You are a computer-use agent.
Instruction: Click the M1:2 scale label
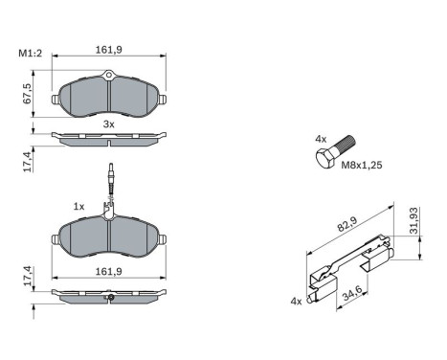[x=31, y=53]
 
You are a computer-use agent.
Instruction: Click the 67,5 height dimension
[x=28, y=94]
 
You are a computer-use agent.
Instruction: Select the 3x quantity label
[x=108, y=124]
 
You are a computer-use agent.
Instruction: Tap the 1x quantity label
[x=78, y=207]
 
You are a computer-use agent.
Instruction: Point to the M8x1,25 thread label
[x=362, y=165]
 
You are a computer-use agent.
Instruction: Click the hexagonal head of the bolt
[x=325, y=158]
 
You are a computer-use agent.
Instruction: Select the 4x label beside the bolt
[x=321, y=139]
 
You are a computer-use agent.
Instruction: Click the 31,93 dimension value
[x=413, y=221]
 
